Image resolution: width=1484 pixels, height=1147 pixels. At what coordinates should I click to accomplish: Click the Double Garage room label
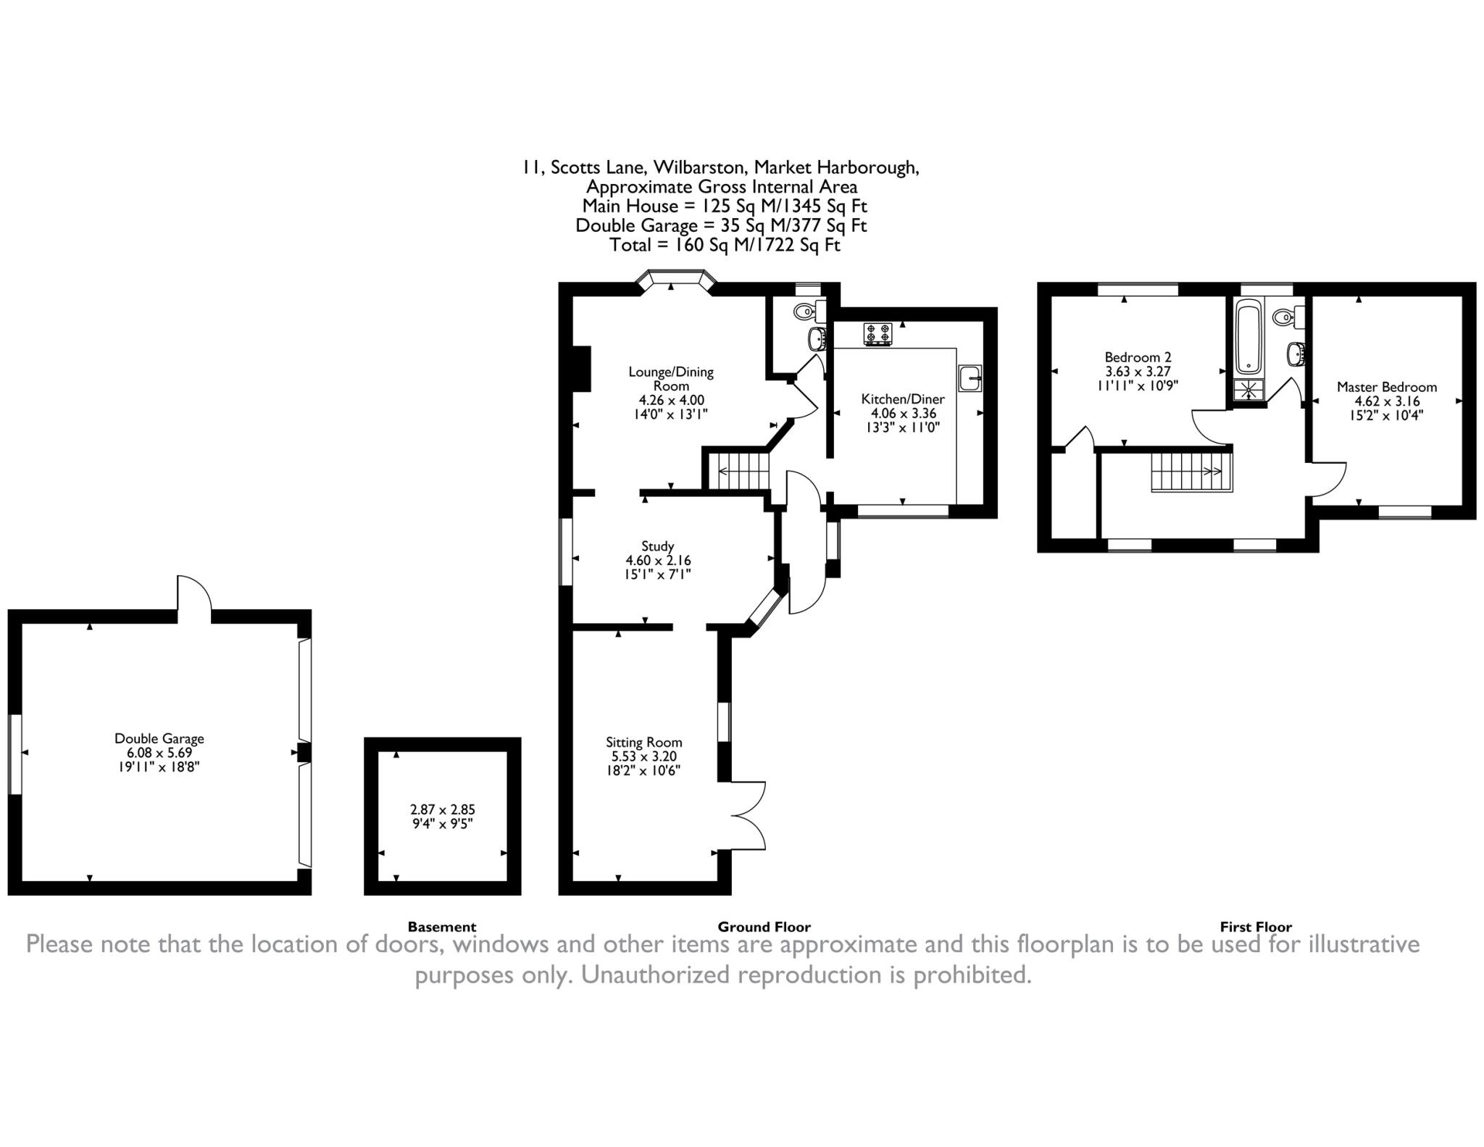(159, 738)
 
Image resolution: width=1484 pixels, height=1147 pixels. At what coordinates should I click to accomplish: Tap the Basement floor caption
(442, 927)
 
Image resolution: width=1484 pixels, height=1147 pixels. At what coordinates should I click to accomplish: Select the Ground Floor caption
(764, 927)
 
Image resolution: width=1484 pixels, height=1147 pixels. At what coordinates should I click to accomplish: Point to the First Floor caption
(1256, 927)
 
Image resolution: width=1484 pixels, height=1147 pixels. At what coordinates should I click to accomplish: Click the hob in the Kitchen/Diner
(878, 334)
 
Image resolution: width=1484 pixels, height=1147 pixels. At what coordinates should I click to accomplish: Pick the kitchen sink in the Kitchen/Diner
(970, 378)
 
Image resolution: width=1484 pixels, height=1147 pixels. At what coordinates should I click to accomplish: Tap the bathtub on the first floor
(1249, 339)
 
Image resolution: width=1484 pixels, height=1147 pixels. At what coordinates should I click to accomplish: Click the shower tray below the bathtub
(1249, 390)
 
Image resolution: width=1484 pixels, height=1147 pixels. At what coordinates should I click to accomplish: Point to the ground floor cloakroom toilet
(809, 312)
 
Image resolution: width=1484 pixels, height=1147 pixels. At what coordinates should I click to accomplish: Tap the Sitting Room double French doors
(749, 815)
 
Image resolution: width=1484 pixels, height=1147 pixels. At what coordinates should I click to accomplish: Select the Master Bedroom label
(1387, 387)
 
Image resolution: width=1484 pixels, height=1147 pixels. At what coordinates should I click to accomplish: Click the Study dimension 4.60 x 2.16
(658, 560)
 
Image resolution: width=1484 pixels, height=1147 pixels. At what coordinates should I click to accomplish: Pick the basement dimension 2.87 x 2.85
(442, 809)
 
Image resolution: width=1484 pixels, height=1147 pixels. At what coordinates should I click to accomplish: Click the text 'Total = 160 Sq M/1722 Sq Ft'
(725, 245)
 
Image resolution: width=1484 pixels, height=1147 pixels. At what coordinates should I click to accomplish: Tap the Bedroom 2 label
(1138, 357)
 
